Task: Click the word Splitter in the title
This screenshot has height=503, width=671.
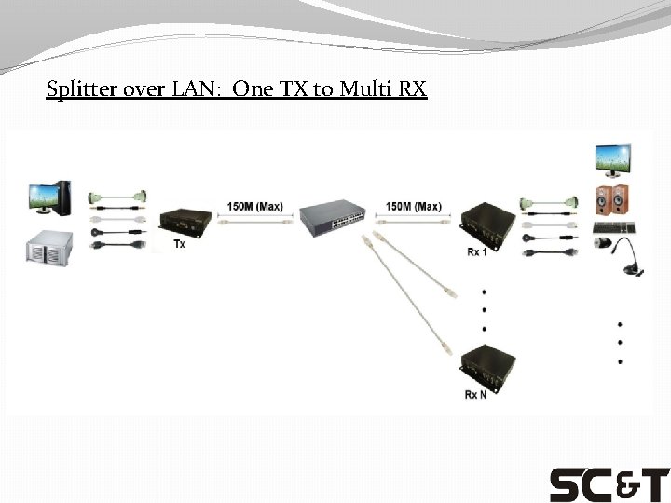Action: [77, 90]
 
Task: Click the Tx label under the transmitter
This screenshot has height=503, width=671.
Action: [179, 244]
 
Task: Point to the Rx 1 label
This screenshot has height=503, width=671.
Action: [477, 252]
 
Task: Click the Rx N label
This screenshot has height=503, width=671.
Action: [475, 395]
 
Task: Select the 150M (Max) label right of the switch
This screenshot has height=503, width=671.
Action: [413, 206]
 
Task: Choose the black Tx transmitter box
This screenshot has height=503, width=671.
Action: [183, 222]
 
